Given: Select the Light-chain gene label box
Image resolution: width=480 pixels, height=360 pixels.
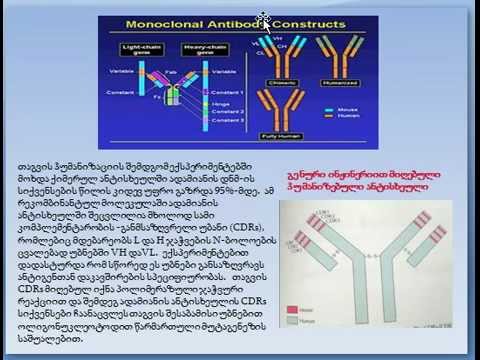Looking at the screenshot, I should (137, 49).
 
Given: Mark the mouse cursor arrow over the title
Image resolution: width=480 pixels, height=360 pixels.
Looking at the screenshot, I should (263, 18).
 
